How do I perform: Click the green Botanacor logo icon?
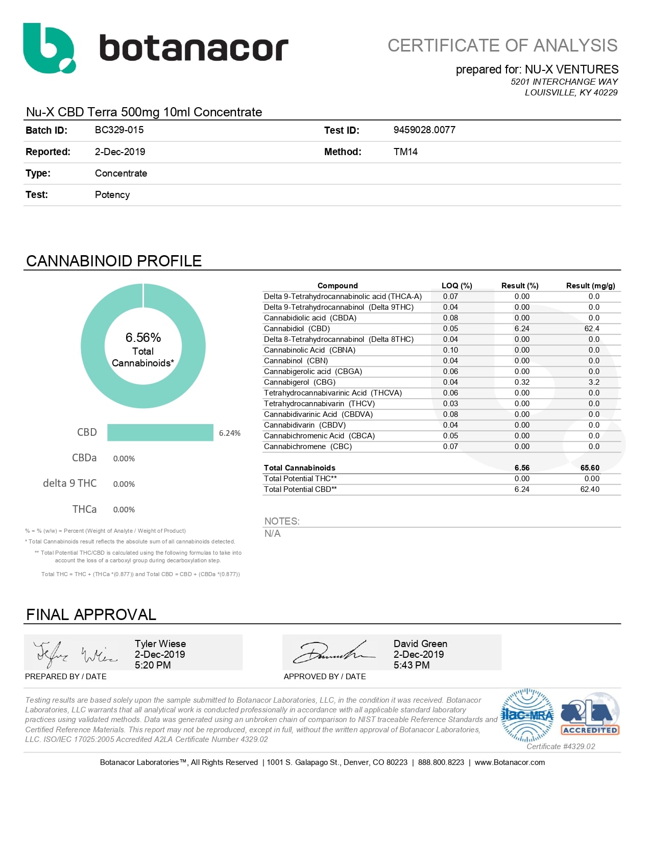pyautogui.click(x=49, y=48)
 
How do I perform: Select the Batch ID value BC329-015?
pyautogui.click(x=119, y=130)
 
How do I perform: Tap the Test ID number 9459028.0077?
pyautogui.click(x=424, y=130)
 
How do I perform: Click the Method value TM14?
pyautogui.click(x=405, y=152)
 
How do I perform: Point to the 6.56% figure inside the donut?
pyautogui.click(x=143, y=337)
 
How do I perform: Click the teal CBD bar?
pyautogui.click(x=160, y=432)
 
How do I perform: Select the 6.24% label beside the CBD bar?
pyautogui.click(x=230, y=433)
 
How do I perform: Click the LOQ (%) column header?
pyautogui.click(x=456, y=286)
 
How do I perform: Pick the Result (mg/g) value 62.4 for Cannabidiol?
pyautogui.click(x=592, y=329)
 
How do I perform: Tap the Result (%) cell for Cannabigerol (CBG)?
pyautogui.click(x=522, y=382)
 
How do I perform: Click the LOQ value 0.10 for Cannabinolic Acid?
pyautogui.click(x=450, y=350)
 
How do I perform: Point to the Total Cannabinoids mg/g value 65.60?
pyautogui.click(x=590, y=468)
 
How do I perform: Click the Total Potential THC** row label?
pyautogui.click(x=300, y=479)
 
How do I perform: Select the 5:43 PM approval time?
pyautogui.click(x=412, y=665)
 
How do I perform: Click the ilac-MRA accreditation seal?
pyautogui.click(x=527, y=715)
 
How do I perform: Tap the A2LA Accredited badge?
pyautogui.click(x=590, y=714)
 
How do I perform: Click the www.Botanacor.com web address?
pyautogui.click(x=510, y=762)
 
